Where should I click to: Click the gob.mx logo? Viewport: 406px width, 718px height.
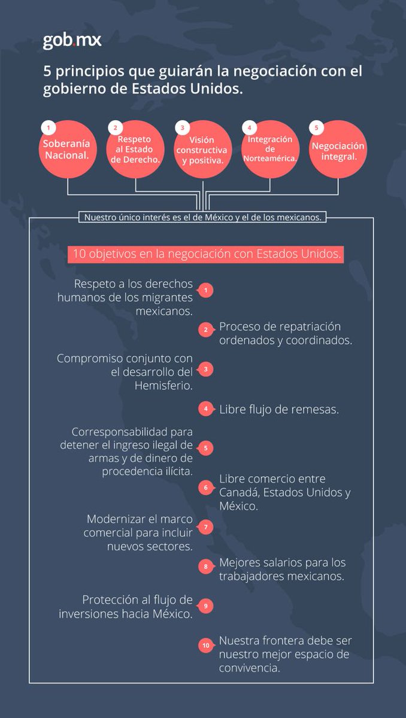[x=72, y=40]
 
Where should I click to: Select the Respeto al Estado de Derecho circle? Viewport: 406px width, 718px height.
[x=135, y=150]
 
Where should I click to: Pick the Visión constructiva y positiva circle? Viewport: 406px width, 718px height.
[x=202, y=150]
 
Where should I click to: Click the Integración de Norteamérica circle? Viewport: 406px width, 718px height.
[x=270, y=150]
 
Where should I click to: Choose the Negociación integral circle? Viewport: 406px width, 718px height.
[x=338, y=150]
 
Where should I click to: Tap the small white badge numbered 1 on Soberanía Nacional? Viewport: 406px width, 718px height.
[x=48, y=127]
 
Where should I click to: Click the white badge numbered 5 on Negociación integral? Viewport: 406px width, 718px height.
[x=316, y=127]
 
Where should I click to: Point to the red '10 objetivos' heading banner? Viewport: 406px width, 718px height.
[x=205, y=253]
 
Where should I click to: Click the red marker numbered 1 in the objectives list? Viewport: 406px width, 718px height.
[x=205, y=291]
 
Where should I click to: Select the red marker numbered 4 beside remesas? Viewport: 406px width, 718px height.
[x=205, y=409]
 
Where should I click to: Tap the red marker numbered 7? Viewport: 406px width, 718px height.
[x=205, y=527]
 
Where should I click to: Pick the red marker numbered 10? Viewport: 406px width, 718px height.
[x=205, y=646]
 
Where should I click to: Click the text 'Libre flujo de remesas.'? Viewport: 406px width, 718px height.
[x=279, y=410]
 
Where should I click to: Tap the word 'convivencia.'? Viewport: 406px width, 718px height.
[x=249, y=668]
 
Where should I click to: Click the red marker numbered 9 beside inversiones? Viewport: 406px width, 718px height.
[x=205, y=606]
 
